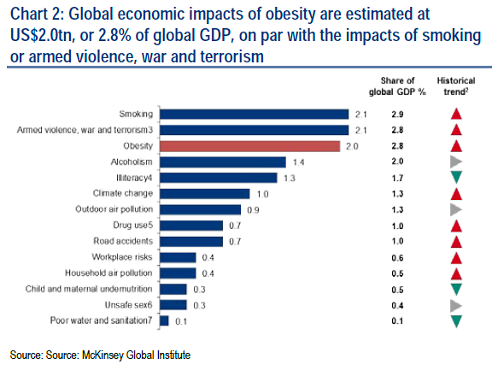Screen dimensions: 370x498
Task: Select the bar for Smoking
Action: click(x=255, y=114)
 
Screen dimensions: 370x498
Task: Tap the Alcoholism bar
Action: click(x=224, y=162)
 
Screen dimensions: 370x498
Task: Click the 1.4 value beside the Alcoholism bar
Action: click(x=298, y=162)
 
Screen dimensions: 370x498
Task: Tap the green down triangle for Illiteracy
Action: click(x=456, y=178)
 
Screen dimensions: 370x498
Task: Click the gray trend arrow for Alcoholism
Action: click(x=456, y=162)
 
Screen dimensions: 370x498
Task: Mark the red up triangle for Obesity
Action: click(x=456, y=145)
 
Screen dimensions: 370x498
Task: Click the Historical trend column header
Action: click(x=456, y=87)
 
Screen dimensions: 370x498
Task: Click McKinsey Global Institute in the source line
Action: click(x=135, y=354)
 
